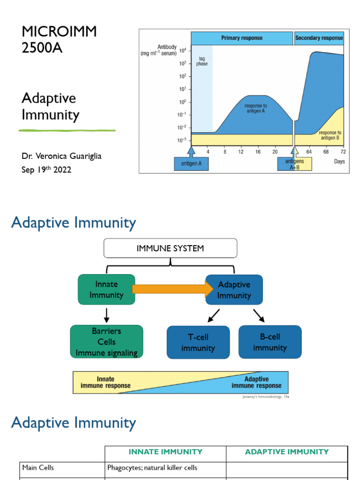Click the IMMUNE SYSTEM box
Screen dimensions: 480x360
170,248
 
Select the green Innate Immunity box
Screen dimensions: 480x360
106,290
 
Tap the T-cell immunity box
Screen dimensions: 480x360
198,343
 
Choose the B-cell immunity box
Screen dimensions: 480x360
270,342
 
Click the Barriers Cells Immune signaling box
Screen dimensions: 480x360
106,342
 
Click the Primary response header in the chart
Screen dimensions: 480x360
241,38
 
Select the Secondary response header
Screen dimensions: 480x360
319,38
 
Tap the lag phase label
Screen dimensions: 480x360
202,60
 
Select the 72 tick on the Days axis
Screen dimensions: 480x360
343,152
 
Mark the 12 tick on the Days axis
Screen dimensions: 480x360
241,152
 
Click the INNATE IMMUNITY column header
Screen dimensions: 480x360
165,452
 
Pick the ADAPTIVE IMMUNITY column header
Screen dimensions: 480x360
287,452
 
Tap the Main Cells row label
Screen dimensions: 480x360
38,467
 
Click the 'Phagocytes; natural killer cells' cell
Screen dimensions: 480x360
152,467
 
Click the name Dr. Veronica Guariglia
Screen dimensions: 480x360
61,156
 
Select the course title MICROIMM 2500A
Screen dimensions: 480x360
59,39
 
